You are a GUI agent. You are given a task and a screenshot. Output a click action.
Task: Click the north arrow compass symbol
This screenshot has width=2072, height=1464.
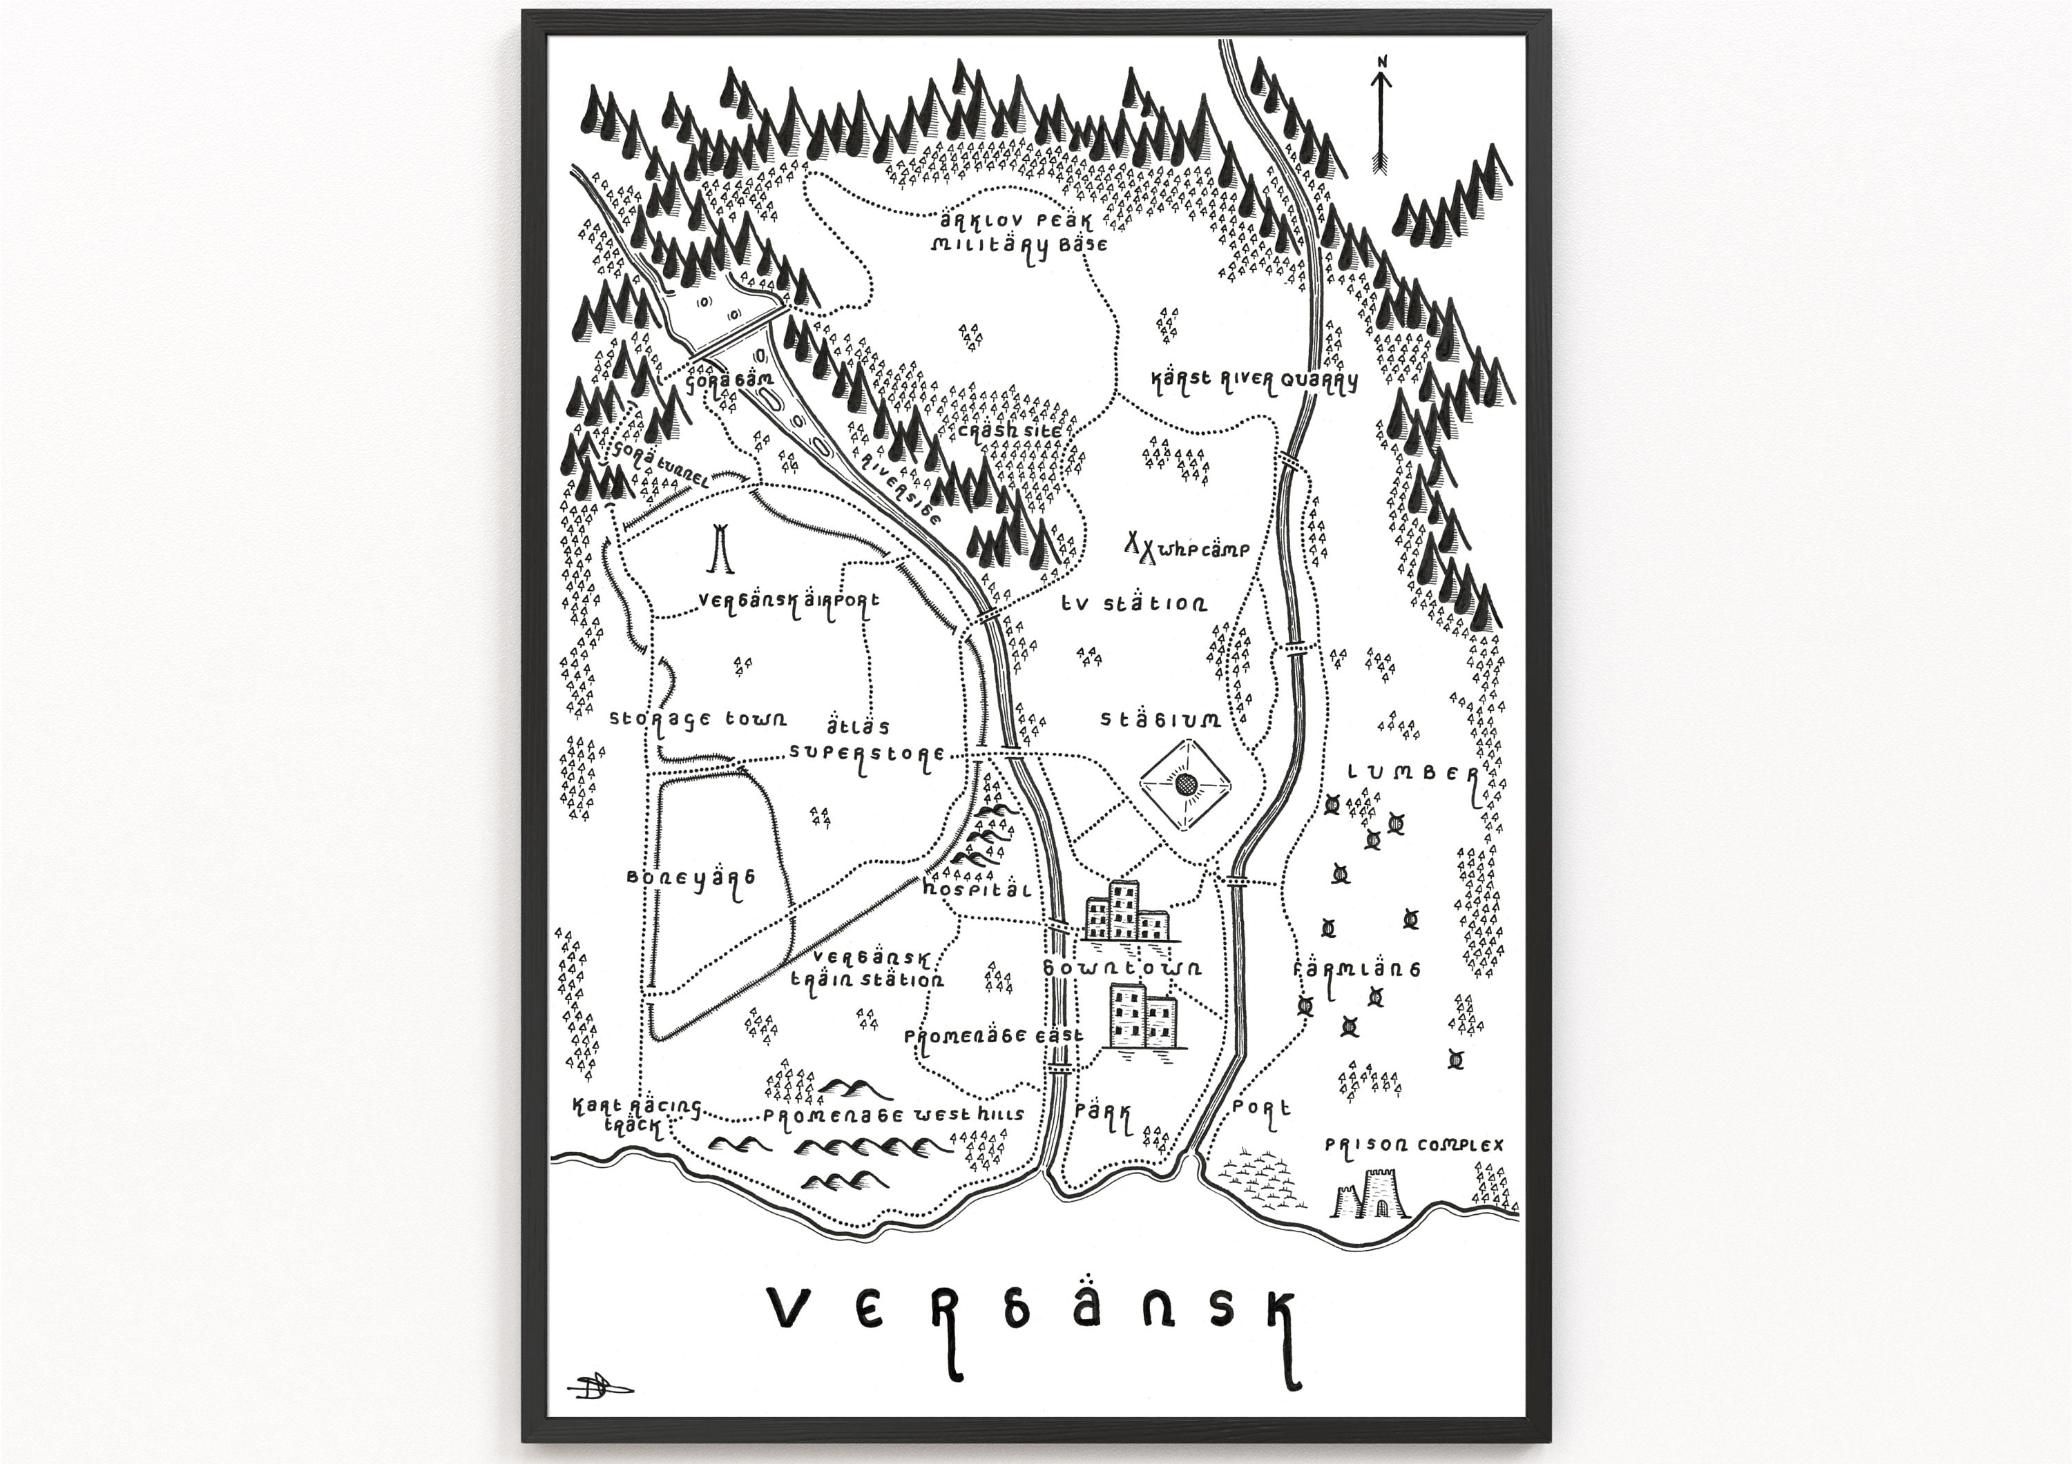tap(1381, 117)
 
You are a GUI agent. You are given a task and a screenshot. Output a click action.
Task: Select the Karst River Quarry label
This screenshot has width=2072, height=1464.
tap(1254, 380)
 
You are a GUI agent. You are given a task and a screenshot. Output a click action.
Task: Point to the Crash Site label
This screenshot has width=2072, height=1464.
tap(1010, 431)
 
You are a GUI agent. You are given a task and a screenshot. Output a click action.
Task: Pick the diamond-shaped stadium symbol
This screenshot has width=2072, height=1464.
tap(1187, 785)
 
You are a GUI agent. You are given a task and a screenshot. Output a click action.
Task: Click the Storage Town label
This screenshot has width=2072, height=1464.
tap(698, 720)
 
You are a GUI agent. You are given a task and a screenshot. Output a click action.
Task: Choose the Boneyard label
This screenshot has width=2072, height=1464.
tap(691, 879)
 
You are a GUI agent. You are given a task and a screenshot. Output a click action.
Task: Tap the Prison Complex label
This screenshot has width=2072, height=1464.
tap(1413, 1146)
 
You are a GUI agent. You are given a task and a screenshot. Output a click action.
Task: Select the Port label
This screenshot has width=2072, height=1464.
tap(1260, 1109)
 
